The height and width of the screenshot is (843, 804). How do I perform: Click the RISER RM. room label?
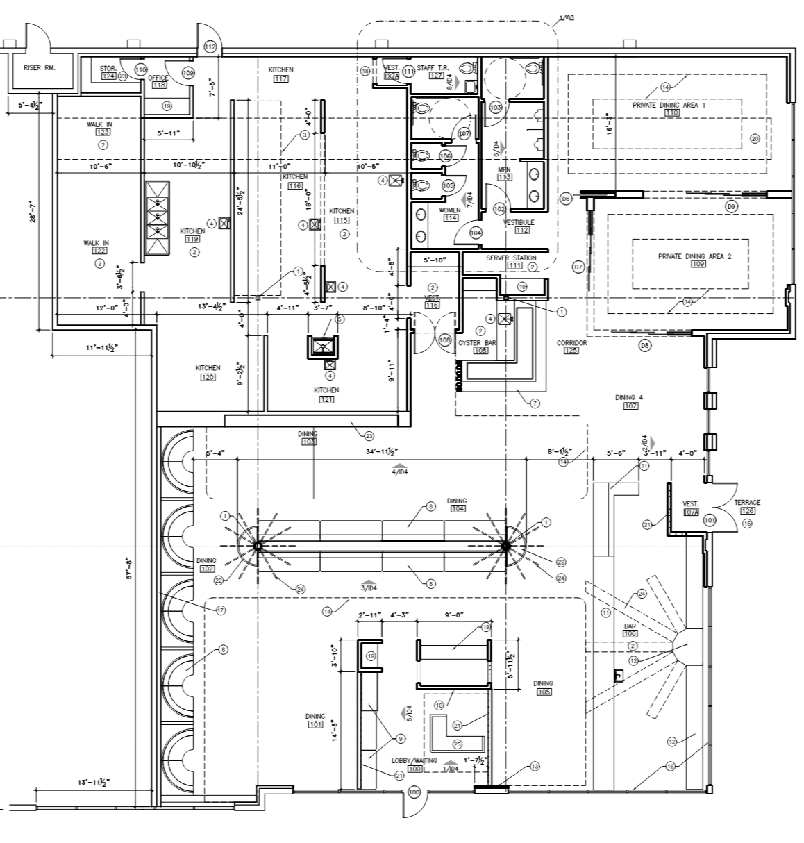pos(39,68)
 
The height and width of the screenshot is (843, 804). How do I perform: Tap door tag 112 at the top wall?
pos(210,47)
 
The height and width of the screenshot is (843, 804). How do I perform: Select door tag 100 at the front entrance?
pos(414,792)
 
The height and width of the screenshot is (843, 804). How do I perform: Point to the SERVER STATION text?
pos(510,258)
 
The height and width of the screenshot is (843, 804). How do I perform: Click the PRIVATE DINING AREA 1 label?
pos(669,105)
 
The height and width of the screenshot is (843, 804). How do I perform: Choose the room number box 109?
pos(698,265)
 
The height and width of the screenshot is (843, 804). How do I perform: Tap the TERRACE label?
pos(748,502)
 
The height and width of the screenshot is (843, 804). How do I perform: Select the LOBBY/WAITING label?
pos(414,760)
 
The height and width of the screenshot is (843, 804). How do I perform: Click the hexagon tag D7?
pos(577,267)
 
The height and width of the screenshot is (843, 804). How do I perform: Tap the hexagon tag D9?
pos(730,206)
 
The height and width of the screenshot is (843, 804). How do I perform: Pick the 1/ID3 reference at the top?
pos(566,17)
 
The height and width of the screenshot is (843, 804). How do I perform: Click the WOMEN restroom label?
pos(450,210)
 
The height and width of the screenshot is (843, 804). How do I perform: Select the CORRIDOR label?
pos(571,343)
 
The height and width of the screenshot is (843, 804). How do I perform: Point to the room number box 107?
pos(630,406)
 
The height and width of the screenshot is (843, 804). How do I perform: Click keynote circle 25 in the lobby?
pos(456,744)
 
